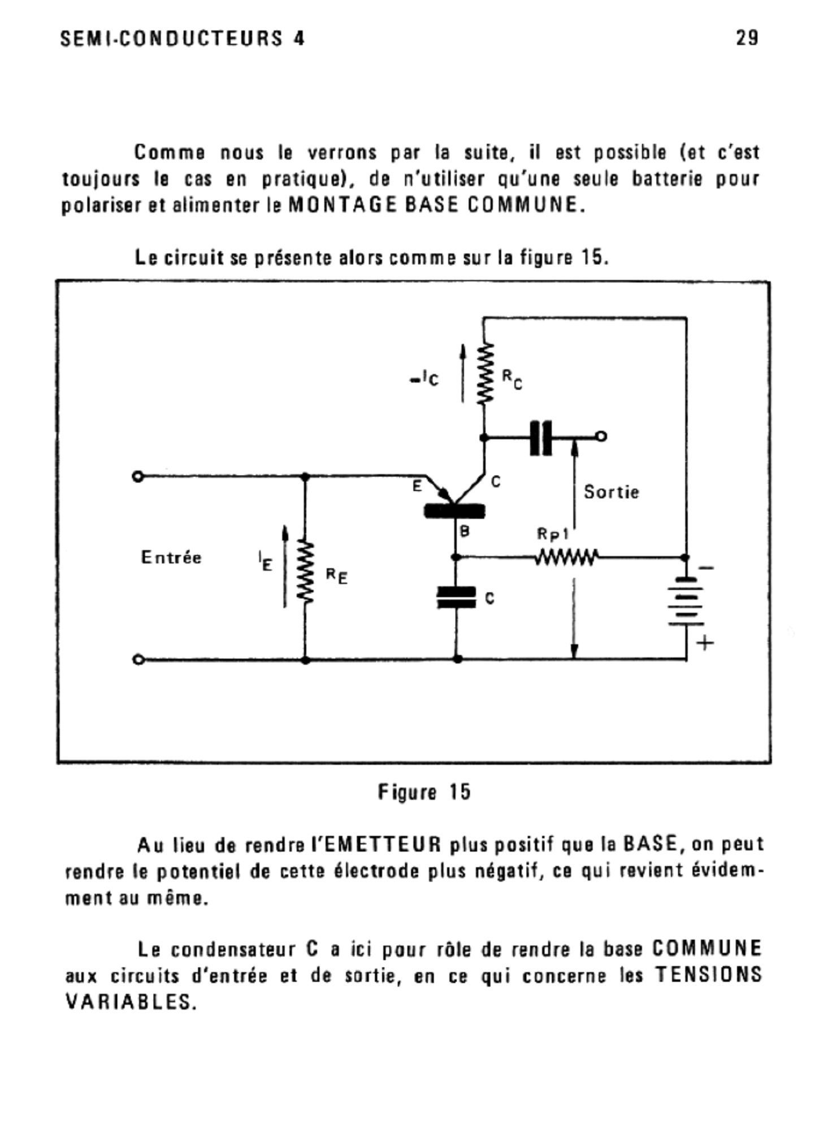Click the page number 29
coord(747,38)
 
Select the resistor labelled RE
coord(305,572)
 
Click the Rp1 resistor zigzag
coord(566,558)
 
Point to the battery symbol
coord(686,601)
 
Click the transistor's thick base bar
coord(454,511)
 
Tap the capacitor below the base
coord(456,597)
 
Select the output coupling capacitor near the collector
coord(541,437)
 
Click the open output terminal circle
coord(602,436)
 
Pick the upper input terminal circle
coord(137,476)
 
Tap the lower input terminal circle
coord(137,659)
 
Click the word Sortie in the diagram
coord(611,492)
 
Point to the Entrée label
coord(171,558)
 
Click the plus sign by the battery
coord(705,643)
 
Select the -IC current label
coord(424,379)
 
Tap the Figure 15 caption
coord(424,792)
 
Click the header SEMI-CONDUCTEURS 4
coord(182,38)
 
